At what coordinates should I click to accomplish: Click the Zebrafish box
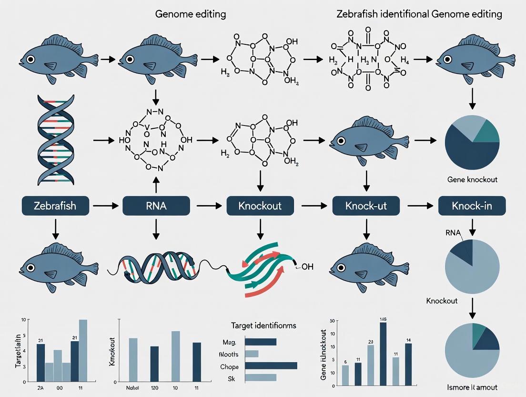point(55,206)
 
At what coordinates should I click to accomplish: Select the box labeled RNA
point(156,206)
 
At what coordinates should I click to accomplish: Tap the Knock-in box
point(472,206)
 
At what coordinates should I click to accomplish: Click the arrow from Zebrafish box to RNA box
point(105,206)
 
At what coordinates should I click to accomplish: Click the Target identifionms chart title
point(263,325)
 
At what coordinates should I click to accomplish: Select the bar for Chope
point(271,366)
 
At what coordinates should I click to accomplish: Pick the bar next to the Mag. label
point(260,342)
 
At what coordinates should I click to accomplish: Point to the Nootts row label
point(228,354)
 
